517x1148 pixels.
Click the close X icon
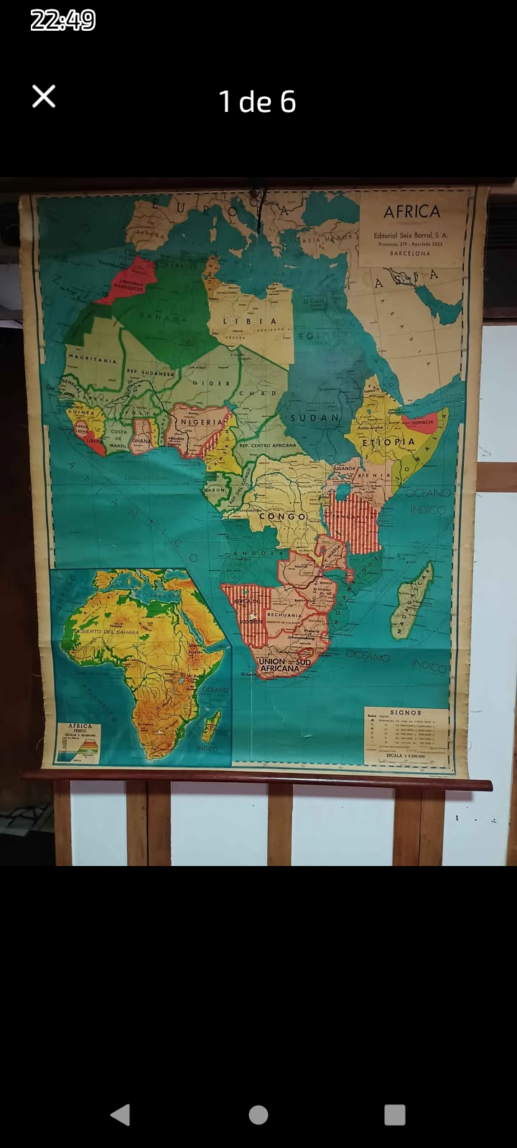(x=44, y=96)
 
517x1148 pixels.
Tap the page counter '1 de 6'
(x=257, y=102)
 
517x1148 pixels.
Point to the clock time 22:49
(x=63, y=20)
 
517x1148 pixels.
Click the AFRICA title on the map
(x=411, y=212)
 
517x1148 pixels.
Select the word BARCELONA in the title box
(x=411, y=253)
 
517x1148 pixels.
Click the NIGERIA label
(x=201, y=422)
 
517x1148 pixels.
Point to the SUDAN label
(x=315, y=417)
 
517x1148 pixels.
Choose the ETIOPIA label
(x=388, y=442)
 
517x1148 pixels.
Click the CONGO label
(x=282, y=516)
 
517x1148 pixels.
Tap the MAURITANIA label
(x=93, y=359)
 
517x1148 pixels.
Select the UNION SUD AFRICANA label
(x=284, y=664)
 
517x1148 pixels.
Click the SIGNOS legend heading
(x=406, y=712)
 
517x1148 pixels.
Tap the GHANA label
(x=141, y=441)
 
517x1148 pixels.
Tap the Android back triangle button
(x=121, y=1114)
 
